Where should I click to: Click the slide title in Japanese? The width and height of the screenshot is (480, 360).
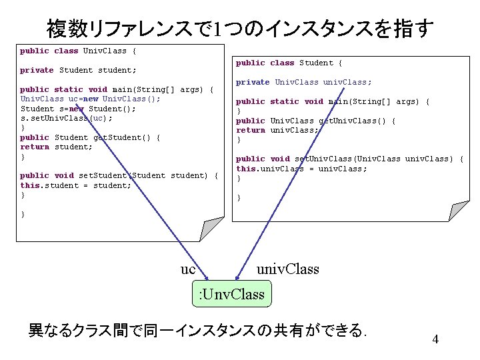pos(240,28)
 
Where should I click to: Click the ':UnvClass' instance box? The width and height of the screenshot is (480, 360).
pos(232,294)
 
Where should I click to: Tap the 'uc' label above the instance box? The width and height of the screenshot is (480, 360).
pos(188,269)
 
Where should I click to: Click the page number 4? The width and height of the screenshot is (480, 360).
pos(435,339)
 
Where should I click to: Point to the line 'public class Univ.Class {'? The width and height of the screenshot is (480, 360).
pos(78,51)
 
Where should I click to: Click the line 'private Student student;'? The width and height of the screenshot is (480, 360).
pos(78,70)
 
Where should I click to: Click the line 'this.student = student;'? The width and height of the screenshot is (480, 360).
pos(75,185)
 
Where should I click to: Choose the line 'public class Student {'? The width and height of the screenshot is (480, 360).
pos(289,63)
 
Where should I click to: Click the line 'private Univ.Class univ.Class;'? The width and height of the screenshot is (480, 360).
pos(304,82)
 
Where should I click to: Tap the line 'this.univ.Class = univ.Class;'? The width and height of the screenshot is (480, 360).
pos(301,169)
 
